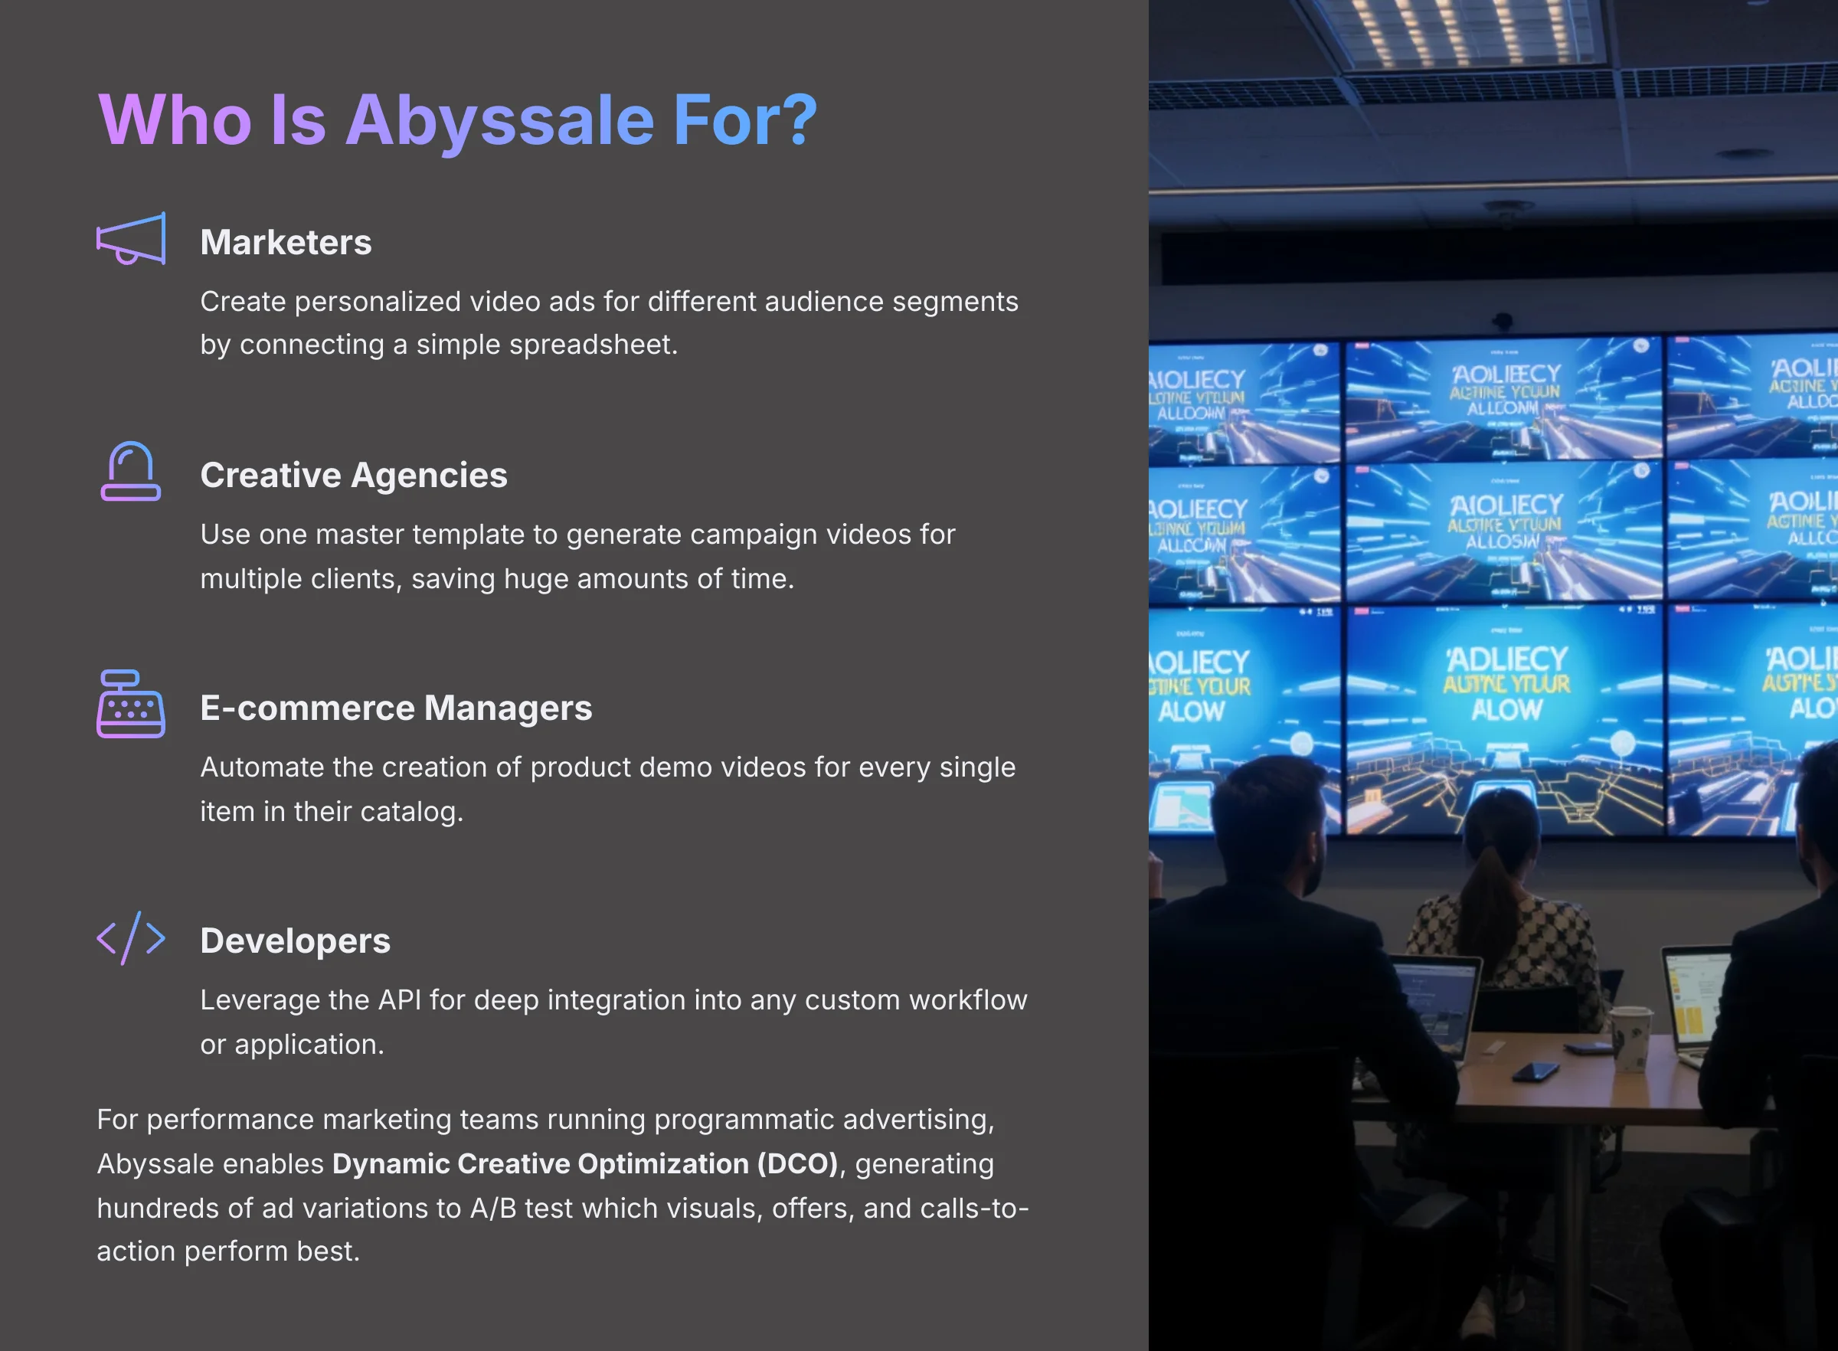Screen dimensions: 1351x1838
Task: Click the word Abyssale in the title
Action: coord(499,121)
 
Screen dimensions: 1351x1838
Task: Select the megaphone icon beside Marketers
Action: coord(131,239)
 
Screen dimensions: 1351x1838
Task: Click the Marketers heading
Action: coord(286,242)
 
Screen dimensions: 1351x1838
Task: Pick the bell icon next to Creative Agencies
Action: coord(131,471)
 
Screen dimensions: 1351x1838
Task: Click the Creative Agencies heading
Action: coord(353,475)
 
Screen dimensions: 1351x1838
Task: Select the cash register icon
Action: coord(131,704)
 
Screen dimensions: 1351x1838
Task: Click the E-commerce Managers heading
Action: coord(396,708)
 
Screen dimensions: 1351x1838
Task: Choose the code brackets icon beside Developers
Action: coord(131,938)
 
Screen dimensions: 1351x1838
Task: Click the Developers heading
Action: coord(295,940)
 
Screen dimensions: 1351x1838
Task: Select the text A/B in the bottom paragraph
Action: coord(493,1208)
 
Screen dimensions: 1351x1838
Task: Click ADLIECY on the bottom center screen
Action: coord(1506,659)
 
